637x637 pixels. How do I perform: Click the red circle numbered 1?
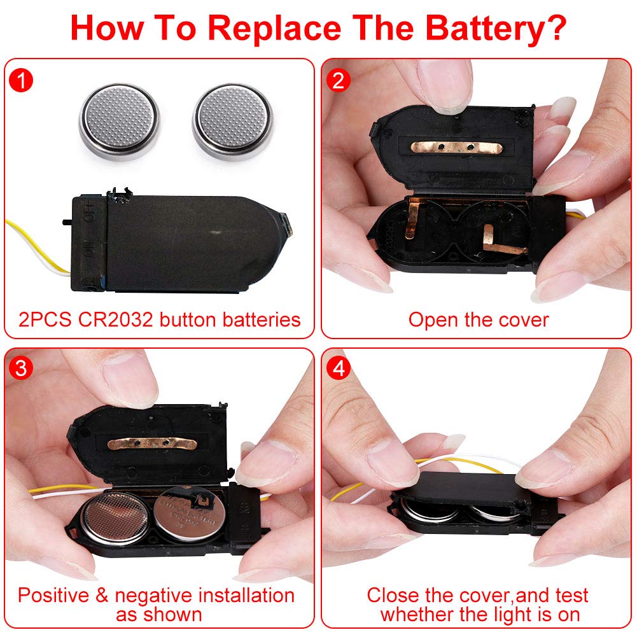tap(21, 80)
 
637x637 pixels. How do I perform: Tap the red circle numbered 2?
tap(339, 80)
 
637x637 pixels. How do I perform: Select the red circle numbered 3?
tap(21, 368)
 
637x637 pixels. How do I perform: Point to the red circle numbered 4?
tap(339, 368)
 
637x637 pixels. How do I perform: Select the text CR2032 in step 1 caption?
tap(116, 319)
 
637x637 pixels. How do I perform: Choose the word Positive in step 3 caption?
tap(53, 596)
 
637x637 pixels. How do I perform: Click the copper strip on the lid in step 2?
tap(456, 148)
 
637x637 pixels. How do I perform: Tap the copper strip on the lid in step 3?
tap(152, 444)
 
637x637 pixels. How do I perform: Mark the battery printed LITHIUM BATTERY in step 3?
tap(189, 514)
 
